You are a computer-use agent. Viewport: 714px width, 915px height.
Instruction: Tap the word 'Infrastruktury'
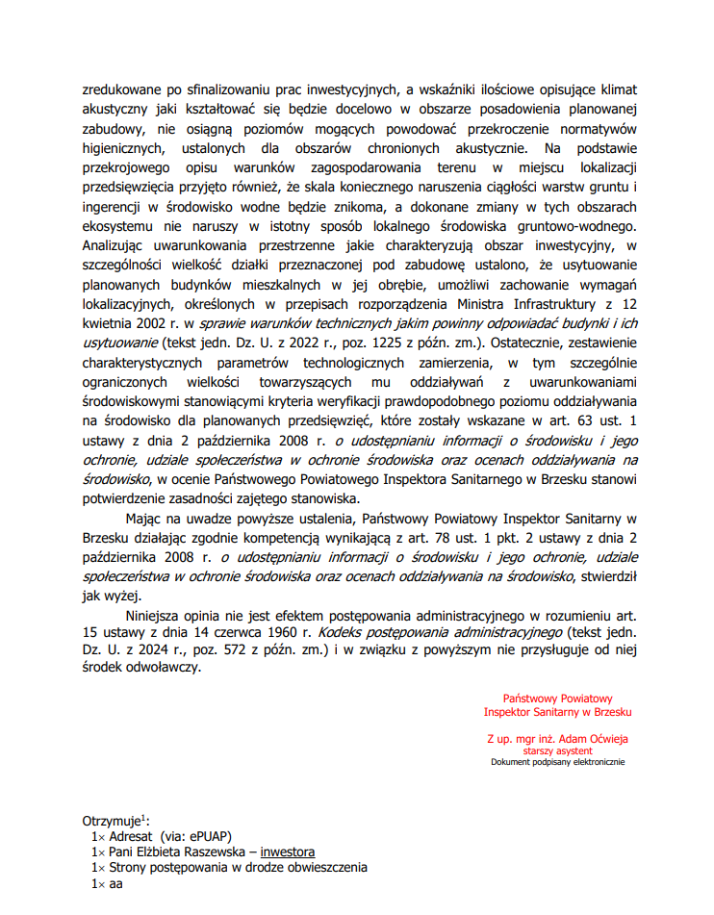pos(546,307)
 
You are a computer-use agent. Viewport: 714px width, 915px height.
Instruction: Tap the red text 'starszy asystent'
pos(557,750)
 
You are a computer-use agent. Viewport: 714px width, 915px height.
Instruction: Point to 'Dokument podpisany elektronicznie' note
pos(557,762)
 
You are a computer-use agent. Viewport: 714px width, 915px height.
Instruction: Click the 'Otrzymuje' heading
pos(111,821)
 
